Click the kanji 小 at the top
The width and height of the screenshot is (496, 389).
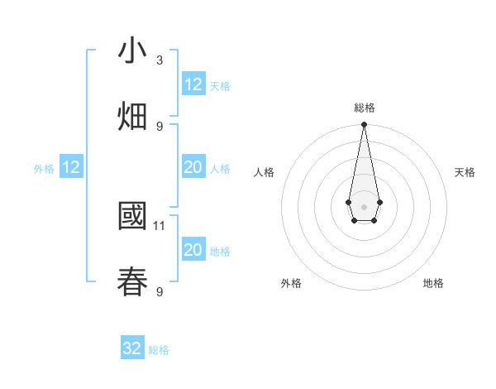pyautogui.click(x=133, y=51)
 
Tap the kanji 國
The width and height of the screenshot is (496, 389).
pyautogui.click(x=133, y=217)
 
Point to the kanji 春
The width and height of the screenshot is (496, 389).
pyautogui.click(x=133, y=282)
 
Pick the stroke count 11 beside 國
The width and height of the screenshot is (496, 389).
pyautogui.click(x=160, y=225)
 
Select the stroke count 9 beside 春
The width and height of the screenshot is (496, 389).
pyautogui.click(x=160, y=291)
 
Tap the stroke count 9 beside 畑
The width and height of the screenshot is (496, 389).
pyautogui.click(x=160, y=126)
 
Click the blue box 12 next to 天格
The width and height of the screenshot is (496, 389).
pyautogui.click(x=193, y=84)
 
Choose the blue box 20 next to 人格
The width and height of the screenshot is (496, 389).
pyautogui.click(x=193, y=167)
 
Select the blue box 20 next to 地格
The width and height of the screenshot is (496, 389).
pyautogui.click(x=193, y=250)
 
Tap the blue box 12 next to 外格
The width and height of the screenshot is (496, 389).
pyautogui.click(x=71, y=167)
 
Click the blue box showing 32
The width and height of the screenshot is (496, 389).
pyautogui.click(x=132, y=348)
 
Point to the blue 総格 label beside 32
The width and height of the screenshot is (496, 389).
pyautogui.click(x=159, y=350)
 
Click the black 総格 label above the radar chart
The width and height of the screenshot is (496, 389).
pyautogui.click(x=365, y=108)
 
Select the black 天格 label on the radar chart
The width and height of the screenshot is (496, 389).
pyautogui.click(x=465, y=172)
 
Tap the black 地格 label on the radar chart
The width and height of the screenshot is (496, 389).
pyautogui.click(x=433, y=283)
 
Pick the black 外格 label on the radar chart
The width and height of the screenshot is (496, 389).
pyautogui.click(x=291, y=283)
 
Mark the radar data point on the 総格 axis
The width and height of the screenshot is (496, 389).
pyautogui.click(x=364, y=125)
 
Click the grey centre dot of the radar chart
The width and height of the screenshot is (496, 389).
pyautogui.click(x=364, y=205)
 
